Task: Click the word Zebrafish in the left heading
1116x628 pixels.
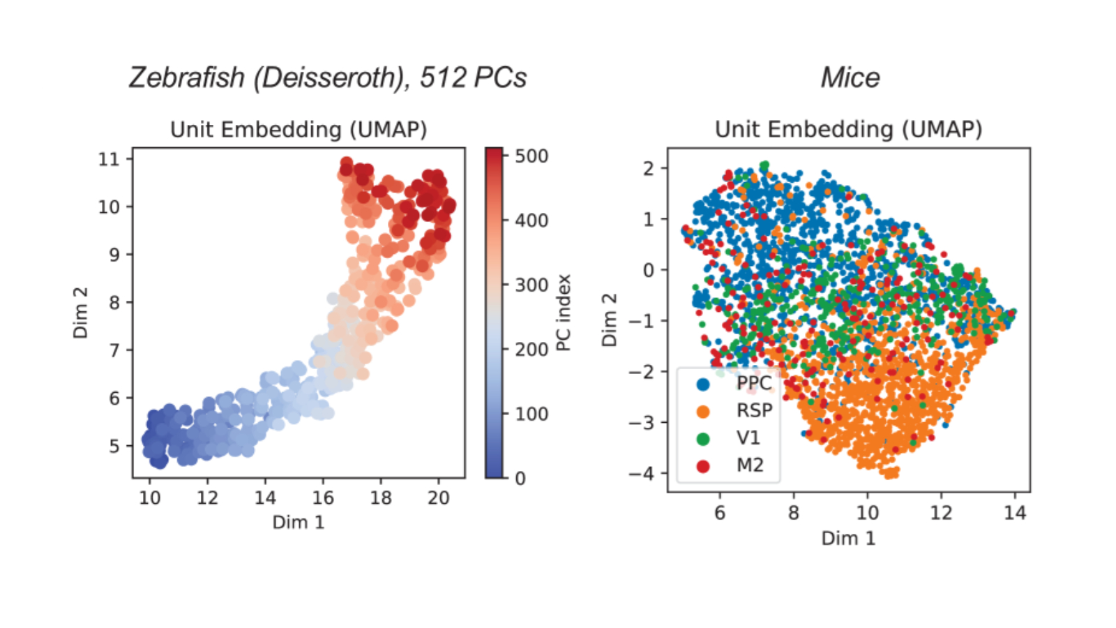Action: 187,77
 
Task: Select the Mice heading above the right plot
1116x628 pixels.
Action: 850,77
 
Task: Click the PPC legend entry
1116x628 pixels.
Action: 753,383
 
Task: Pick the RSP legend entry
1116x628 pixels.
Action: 754,410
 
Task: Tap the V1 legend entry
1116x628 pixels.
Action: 748,438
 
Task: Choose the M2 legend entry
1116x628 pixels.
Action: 750,465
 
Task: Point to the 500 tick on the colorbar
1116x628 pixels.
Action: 531,156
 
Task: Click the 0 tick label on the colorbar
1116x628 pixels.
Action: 520,479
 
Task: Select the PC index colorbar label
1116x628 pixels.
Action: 564,313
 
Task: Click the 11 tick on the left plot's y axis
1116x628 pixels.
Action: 109,159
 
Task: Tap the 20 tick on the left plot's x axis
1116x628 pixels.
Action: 438,498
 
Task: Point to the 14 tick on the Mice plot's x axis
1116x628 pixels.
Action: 1014,513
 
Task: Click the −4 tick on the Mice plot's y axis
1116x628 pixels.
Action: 641,473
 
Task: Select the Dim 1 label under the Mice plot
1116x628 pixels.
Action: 848,538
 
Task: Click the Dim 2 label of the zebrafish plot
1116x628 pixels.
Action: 81,313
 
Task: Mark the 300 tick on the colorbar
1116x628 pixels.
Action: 531,285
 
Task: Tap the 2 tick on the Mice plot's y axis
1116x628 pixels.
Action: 649,168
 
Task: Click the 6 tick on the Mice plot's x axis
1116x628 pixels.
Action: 720,513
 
